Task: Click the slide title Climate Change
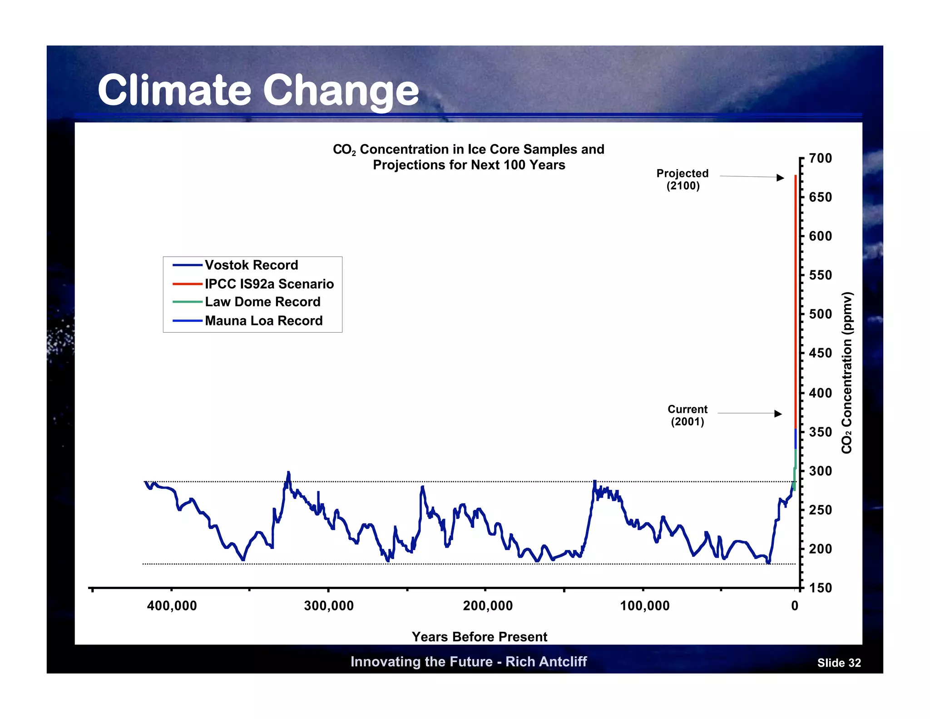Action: pos(258,90)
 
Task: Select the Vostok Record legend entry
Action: pos(251,265)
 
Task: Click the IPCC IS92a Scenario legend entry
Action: pos(269,284)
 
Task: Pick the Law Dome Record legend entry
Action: pos(262,302)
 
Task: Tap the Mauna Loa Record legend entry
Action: pos(263,321)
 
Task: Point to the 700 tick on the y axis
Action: pos(821,159)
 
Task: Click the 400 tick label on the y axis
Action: pos(821,393)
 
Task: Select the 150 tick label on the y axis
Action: pos(821,588)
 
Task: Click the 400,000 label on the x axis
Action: pos(172,606)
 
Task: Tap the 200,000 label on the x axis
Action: pos(488,606)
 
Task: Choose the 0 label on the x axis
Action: pos(795,606)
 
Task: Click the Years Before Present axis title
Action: pos(479,637)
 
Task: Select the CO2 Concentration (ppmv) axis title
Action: pos(846,373)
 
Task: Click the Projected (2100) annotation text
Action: pos(683,180)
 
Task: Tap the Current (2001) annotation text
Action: pos(688,415)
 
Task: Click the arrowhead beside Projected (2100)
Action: pos(780,178)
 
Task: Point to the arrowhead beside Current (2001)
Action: pos(778,414)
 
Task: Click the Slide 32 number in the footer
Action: pos(839,663)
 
